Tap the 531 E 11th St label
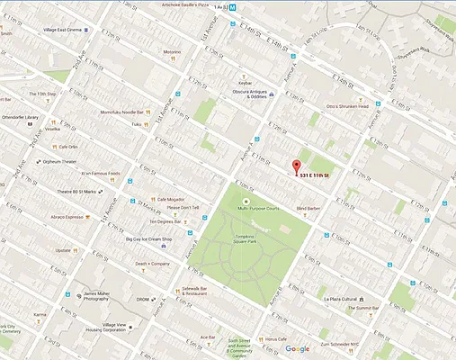pyautogui.click(x=317, y=175)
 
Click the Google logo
pyautogui.click(x=297, y=349)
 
